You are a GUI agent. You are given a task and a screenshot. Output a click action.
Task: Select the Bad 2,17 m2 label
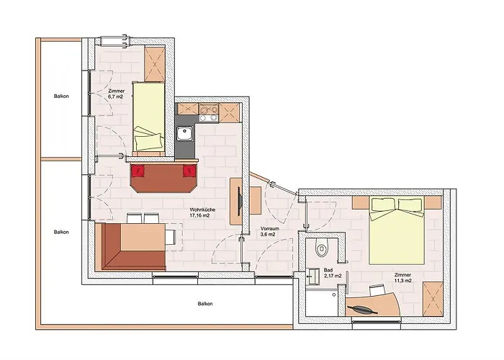pyautogui.click(x=333, y=273)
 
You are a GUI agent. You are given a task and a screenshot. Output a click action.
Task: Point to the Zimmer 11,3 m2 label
pyautogui.click(x=402, y=278)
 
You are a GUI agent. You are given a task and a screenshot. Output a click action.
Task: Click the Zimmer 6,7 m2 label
pyautogui.click(x=117, y=94)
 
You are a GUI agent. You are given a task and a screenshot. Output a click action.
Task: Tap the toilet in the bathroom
pyautogui.click(x=321, y=248)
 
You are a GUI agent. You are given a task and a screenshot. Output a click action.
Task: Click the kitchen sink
pyautogui.click(x=184, y=134)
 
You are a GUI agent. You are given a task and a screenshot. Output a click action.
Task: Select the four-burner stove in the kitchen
pyautogui.click(x=209, y=113)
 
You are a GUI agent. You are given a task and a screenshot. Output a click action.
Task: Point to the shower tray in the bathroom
pyautogui.click(x=321, y=302)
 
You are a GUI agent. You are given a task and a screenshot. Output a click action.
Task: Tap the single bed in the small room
pyautogui.click(x=149, y=117)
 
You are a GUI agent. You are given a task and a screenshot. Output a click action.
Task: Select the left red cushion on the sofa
pyautogui.click(x=138, y=171)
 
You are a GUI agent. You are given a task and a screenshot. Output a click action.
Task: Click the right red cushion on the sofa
pyautogui.click(x=189, y=171)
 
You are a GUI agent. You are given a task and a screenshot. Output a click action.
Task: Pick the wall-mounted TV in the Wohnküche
pyautogui.click(x=240, y=201)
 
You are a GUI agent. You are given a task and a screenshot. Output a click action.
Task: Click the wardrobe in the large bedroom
pyautogui.click(x=433, y=299)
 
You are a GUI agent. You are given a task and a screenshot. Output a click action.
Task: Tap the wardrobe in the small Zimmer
pyautogui.click(x=155, y=63)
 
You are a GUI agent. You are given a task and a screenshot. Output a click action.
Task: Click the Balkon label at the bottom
pyautogui.click(x=205, y=303)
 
